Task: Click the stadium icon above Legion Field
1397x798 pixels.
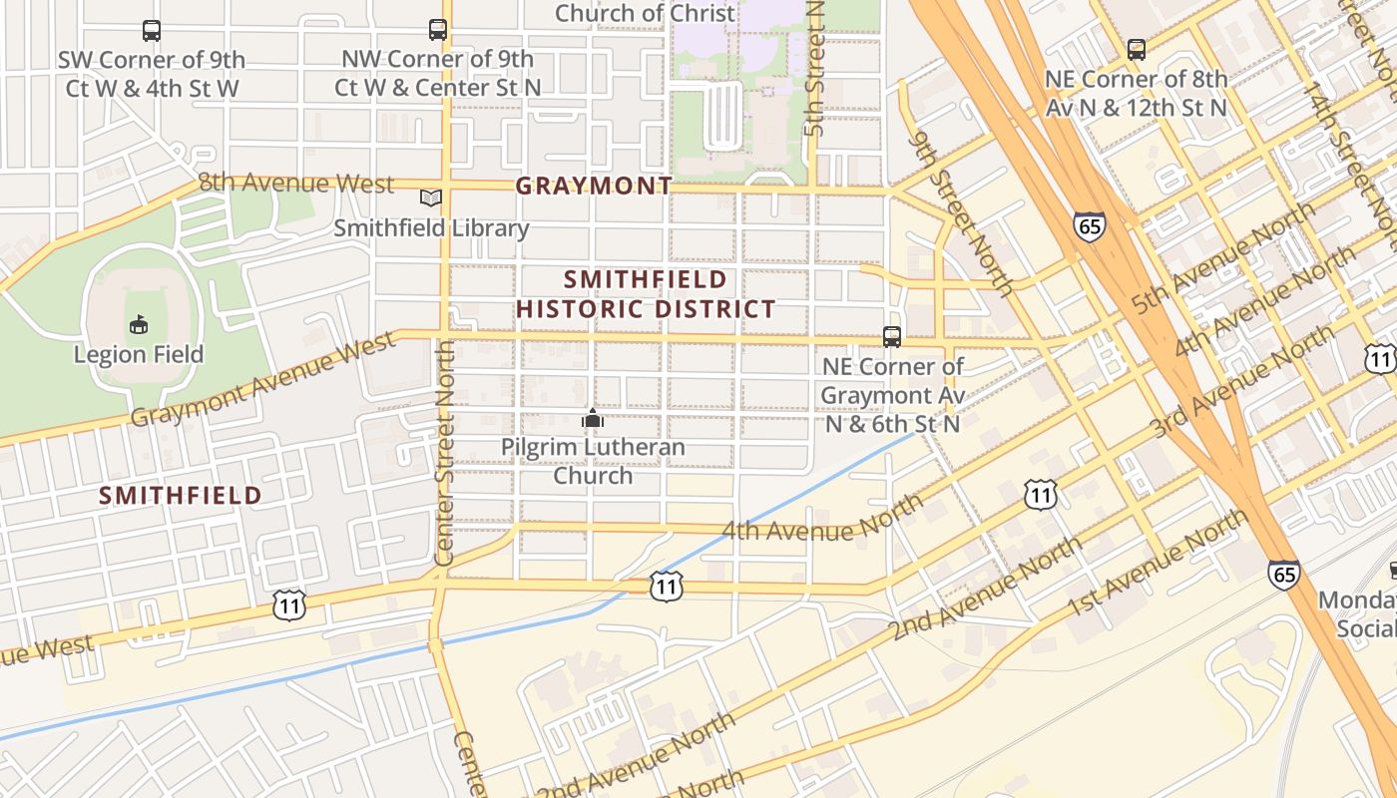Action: point(139,324)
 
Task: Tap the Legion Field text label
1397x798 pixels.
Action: point(139,354)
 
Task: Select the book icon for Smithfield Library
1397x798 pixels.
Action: point(431,199)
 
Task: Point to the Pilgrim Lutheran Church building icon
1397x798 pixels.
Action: point(593,418)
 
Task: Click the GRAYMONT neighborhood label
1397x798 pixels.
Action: point(594,187)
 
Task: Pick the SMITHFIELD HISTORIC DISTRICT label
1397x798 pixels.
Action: point(646,294)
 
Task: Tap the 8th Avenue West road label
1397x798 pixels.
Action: point(296,183)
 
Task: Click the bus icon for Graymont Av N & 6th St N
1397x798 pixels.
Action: point(892,337)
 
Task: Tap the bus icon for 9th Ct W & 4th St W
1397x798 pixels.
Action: point(152,31)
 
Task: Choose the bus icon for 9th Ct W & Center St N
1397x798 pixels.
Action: point(438,30)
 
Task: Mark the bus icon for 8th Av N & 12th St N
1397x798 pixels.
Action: point(1136,50)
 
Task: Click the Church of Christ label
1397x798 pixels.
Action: point(645,13)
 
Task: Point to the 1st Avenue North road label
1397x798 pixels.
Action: point(1157,565)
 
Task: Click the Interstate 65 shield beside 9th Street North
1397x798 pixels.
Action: point(1090,225)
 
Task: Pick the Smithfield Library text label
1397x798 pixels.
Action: point(431,228)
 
